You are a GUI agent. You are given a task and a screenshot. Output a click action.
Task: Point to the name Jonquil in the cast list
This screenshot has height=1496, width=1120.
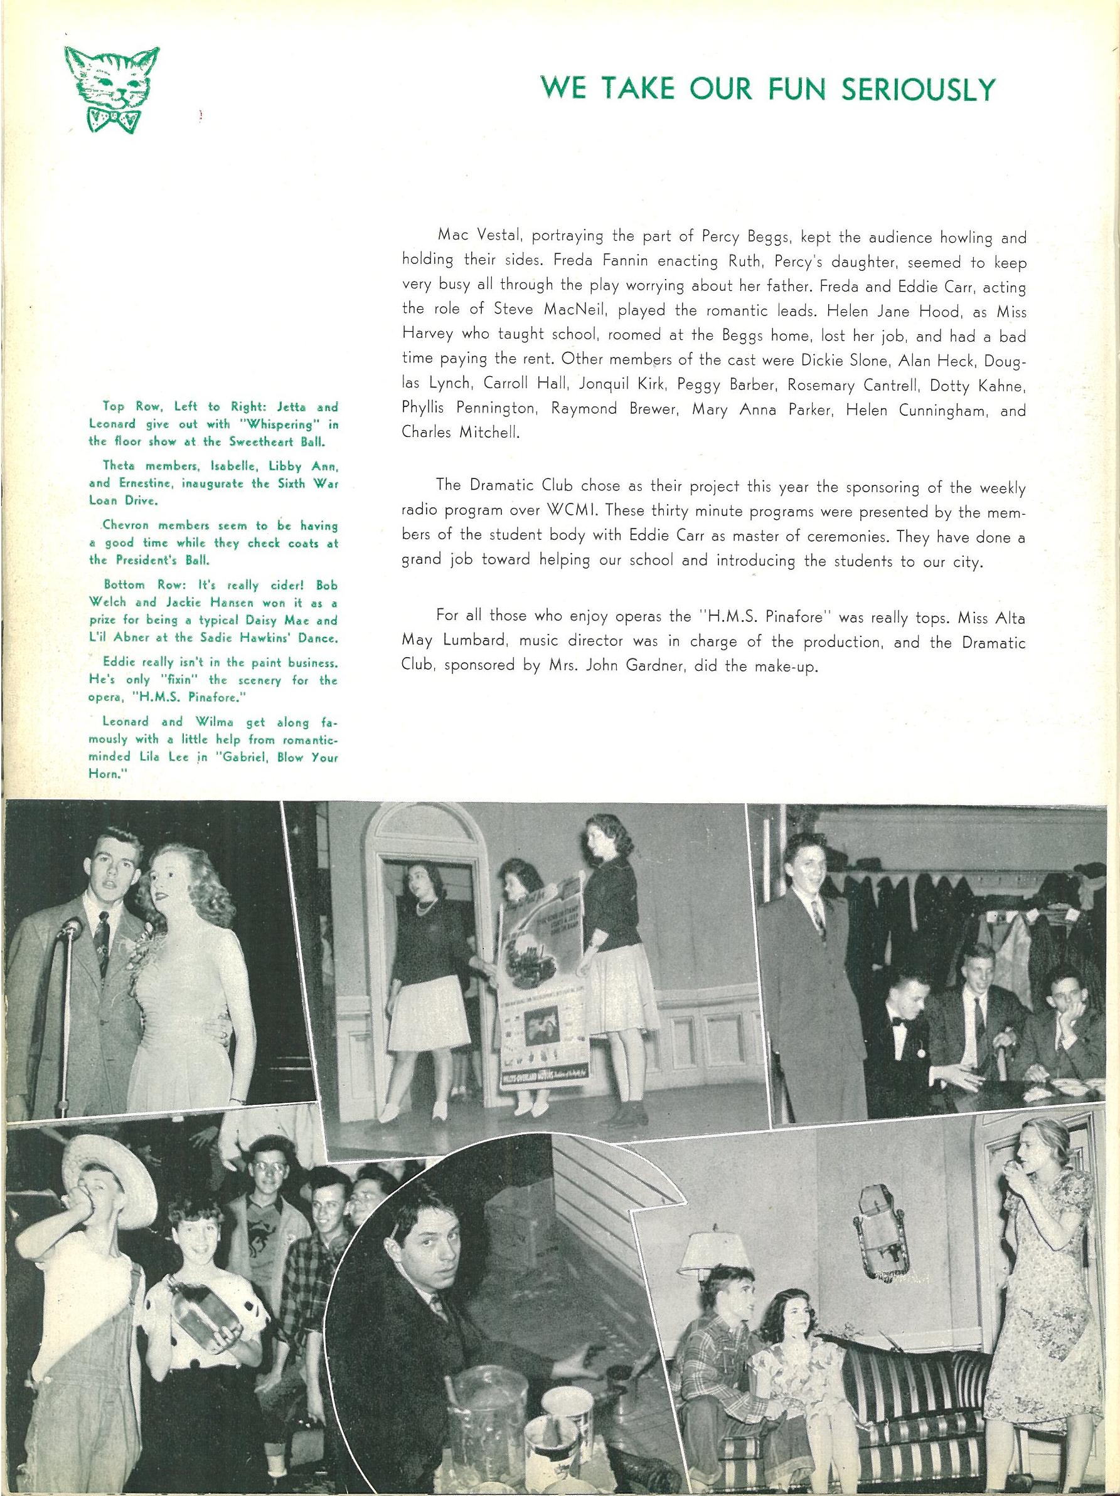(609, 385)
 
